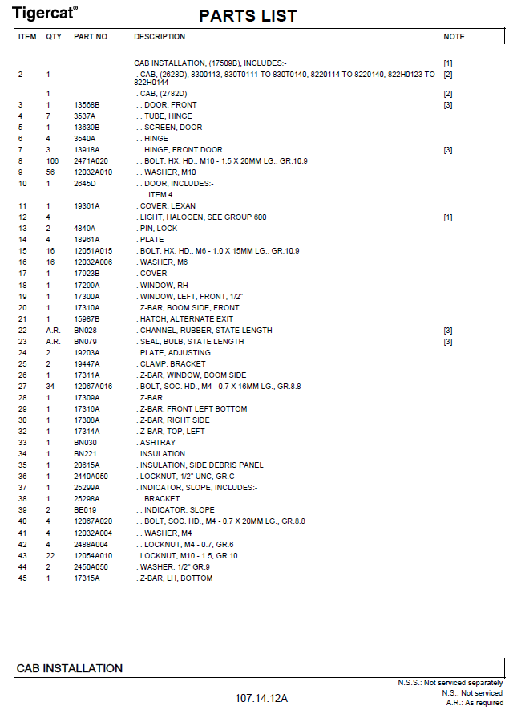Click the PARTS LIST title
(x=248, y=16)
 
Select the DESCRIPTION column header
(x=159, y=37)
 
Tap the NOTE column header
(x=454, y=37)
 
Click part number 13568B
(x=87, y=105)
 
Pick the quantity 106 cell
(x=49, y=161)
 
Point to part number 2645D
(x=85, y=184)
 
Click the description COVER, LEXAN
(x=168, y=206)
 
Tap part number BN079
(x=85, y=341)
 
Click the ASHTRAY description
(x=157, y=442)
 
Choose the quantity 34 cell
(x=49, y=386)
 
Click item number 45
(x=22, y=578)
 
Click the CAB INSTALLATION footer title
(x=70, y=668)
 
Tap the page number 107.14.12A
(x=262, y=698)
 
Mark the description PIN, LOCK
(x=159, y=229)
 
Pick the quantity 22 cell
(x=49, y=555)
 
